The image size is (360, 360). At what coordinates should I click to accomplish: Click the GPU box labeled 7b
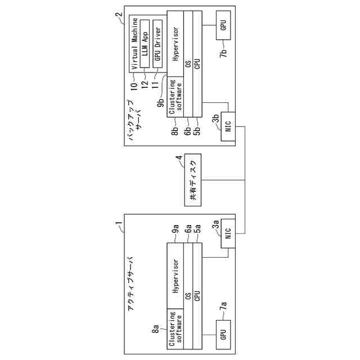pyautogui.click(x=223, y=26)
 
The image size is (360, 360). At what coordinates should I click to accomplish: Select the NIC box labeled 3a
pyautogui.click(x=228, y=236)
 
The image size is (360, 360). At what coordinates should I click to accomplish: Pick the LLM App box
pyautogui.click(x=145, y=42)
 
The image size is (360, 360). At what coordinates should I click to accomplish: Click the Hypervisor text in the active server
pyautogui.click(x=176, y=277)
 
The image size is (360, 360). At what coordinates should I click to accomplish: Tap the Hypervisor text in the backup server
pyautogui.click(x=176, y=44)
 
